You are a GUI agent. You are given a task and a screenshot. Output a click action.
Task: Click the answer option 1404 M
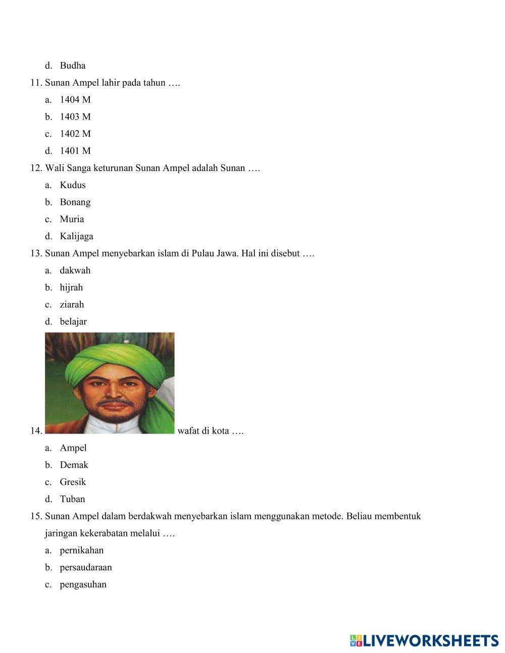pos(75,100)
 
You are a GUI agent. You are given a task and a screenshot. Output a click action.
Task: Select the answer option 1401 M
pos(75,151)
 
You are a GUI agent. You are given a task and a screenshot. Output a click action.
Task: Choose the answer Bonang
pos(75,202)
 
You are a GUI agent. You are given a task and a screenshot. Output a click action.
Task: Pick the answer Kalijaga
pos(76,236)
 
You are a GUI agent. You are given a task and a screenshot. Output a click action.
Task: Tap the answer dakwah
pos(75,270)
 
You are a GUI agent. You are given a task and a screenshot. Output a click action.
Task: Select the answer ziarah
pos(72,305)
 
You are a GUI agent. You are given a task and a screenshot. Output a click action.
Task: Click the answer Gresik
pos(73,482)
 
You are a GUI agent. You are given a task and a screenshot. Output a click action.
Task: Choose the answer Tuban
pos(72,499)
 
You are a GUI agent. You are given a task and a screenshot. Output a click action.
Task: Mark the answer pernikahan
pos(81,551)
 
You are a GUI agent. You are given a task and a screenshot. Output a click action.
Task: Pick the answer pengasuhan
pos(83,585)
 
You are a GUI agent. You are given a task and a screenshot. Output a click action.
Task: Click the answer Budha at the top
pos(73,66)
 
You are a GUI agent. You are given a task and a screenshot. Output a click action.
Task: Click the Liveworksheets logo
pos(424,640)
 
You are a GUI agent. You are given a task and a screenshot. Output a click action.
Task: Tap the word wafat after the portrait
pos(188,431)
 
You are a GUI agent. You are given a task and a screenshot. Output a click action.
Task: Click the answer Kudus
pos(73,185)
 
